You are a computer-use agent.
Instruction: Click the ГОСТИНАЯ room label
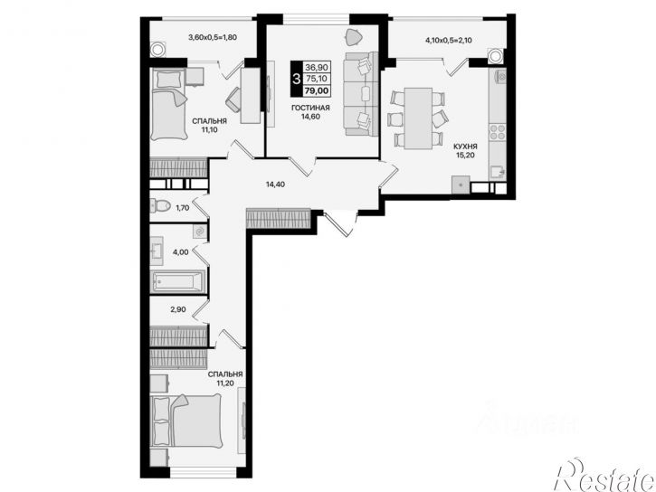click(310, 108)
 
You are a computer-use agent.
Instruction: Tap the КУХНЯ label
click(465, 147)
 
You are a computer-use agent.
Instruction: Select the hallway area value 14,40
click(275, 184)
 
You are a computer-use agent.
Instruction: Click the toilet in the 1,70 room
click(160, 205)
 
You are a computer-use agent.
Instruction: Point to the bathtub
click(178, 281)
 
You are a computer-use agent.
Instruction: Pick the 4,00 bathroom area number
click(181, 252)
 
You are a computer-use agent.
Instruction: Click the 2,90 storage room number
click(178, 309)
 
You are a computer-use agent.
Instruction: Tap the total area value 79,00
click(317, 90)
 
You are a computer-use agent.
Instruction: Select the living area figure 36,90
click(317, 67)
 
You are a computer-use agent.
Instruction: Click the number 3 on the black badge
click(296, 79)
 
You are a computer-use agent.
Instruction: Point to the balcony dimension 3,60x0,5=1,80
click(213, 37)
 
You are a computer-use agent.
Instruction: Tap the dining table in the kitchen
click(418, 118)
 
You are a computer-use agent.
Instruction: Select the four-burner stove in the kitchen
click(498, 132)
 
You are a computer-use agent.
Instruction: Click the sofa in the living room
click(361, 94)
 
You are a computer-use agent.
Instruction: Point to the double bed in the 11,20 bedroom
click(186, 421)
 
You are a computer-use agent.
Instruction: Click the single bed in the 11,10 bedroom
click(168, 105)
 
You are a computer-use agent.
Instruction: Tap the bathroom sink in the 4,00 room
click(157, 251)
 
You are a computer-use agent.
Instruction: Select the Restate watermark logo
click(604, 476)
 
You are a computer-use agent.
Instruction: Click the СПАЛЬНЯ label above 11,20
click(225, 374)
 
